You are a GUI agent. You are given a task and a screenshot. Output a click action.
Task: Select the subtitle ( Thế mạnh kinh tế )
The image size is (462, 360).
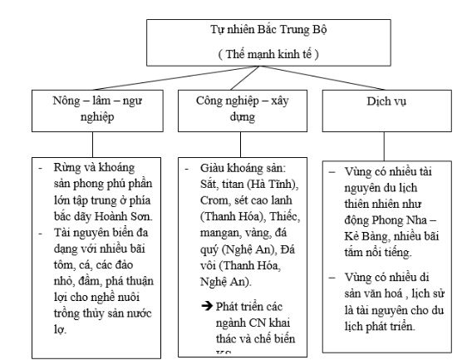(234, 54)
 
